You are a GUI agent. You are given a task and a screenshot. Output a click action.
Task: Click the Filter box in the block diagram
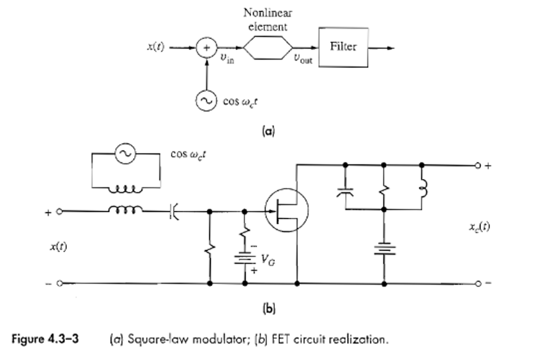343,47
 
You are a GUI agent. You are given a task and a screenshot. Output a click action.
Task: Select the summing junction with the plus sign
206,48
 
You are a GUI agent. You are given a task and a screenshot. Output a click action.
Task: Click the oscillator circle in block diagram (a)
206,101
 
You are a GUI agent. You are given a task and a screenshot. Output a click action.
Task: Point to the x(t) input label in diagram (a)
156,47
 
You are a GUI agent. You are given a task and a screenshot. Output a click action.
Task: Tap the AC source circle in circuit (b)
126,154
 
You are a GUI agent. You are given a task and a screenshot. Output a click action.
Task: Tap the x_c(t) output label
479,226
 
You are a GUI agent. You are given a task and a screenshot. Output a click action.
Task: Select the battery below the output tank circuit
383,250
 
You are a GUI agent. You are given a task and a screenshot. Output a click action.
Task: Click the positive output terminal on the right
478,165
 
